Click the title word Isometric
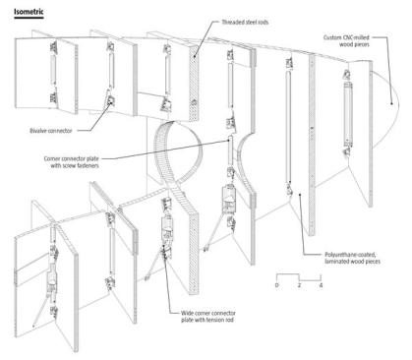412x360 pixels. [x=29, y=12]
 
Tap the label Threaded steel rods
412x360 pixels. [x=245, y=23]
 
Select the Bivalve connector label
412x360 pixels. [x=51, y=131]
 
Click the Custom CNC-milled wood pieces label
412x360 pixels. [x=346, y=41]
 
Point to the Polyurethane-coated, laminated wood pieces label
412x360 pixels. [x=352, y=258]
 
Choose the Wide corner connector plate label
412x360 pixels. [x=208, y=317]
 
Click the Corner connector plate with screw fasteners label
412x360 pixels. [x=72, y=162]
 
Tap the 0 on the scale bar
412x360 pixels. [x=277, y=285]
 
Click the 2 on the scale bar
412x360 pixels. [x=299, y=285]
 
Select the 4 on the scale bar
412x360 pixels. [x=321, y=285]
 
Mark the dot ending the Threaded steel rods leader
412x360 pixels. [x=194, y=56]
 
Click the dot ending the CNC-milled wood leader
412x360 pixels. [x=391, y=103]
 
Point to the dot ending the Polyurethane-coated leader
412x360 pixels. [x=300, y=195]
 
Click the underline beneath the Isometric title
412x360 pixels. [x=29, y=18]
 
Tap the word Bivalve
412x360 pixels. [x=37, y=131]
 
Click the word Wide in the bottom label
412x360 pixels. [x=187, y=314]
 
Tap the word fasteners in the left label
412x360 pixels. [x=88, y=165]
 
